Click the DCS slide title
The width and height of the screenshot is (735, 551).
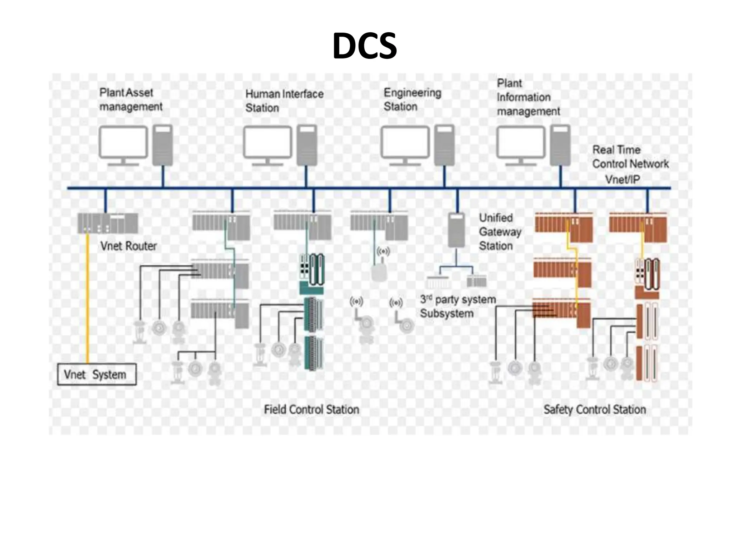(x=364, y=46)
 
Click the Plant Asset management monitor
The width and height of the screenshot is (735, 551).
(x=123, y=142)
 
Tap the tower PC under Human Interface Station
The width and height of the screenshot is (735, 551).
(x=307, y=145)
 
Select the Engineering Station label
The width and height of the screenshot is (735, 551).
(x=412, y=99)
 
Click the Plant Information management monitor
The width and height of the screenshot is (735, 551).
(x=521, y=142)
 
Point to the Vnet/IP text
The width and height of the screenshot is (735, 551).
(x=622, y=179)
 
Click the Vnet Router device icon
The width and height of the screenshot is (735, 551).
(x=108, y=223)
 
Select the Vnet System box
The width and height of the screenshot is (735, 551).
(x=97, y=375)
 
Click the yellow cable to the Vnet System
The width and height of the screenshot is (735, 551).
(x=87, y=298)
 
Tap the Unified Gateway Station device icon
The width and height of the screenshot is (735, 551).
(x=457, y=230)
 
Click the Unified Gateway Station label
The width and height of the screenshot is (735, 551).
(x=500, y=232)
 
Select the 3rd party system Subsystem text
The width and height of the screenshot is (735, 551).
(x=458, y=306)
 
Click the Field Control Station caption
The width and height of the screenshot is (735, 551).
(x=311, y=409)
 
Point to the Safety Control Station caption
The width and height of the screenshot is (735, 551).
(x=594, y=409)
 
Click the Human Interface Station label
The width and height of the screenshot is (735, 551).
(x=284, y=100)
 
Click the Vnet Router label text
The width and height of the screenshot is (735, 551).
(x=128, y=246)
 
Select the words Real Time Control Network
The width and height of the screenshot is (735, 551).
(x=630, y=157)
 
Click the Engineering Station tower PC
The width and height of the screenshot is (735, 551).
(x=444, y=145)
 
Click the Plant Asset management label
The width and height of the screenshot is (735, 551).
(x=131, y=99)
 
